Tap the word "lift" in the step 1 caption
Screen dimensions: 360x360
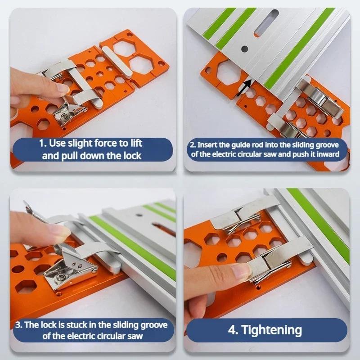point(133,144)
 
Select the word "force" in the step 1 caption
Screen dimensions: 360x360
point(94,144)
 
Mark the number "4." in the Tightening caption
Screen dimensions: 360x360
point(234,330)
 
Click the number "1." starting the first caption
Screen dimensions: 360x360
point(43,144)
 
